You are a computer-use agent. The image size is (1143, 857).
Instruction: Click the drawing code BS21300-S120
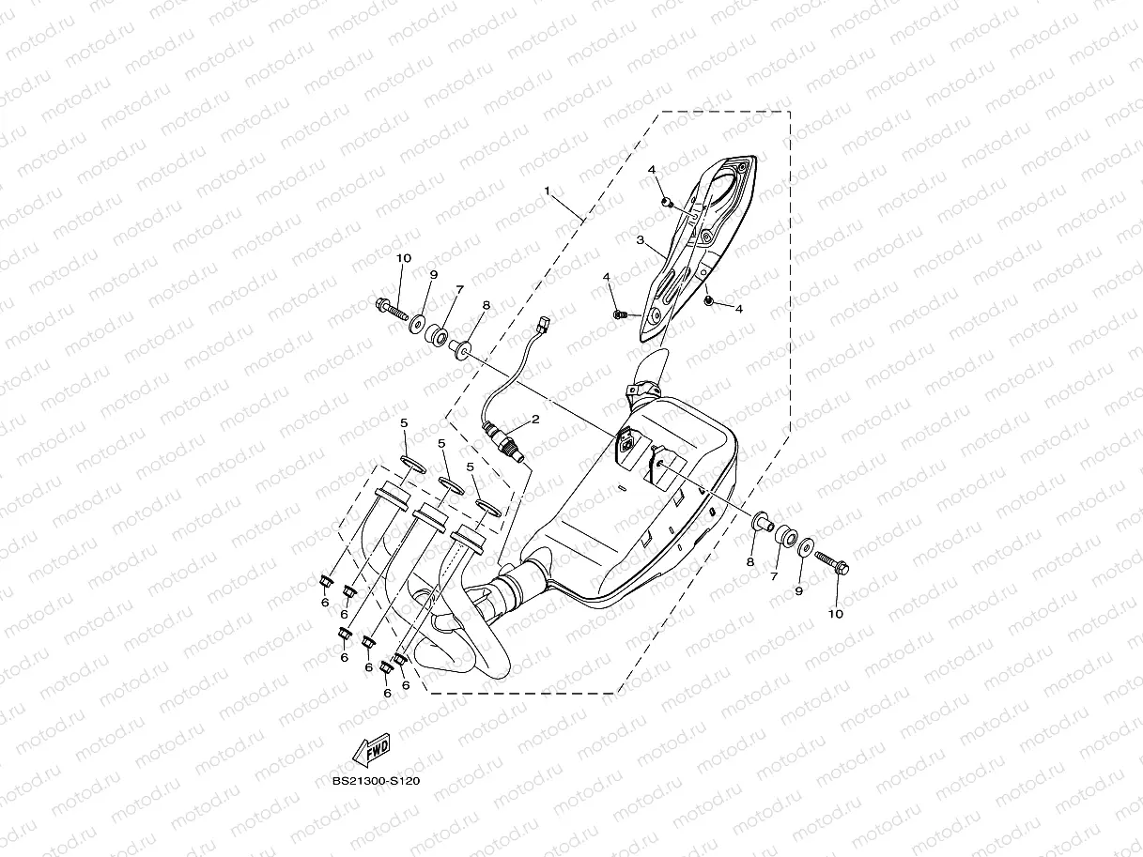pos(376,780)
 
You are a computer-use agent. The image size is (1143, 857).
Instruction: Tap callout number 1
pos(547,191)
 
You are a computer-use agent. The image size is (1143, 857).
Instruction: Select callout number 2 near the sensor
pos(535,420)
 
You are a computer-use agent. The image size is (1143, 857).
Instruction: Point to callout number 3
pos(640,240)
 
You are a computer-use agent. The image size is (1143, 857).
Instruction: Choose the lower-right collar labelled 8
pos(761,519)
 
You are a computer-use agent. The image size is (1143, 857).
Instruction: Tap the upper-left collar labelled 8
pos(460,348)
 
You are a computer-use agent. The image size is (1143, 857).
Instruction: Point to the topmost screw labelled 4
pos(666,200)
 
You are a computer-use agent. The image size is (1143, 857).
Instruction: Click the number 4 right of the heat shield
pos(739,309)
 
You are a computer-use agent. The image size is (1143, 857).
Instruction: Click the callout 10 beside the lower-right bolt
pos(835,614)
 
